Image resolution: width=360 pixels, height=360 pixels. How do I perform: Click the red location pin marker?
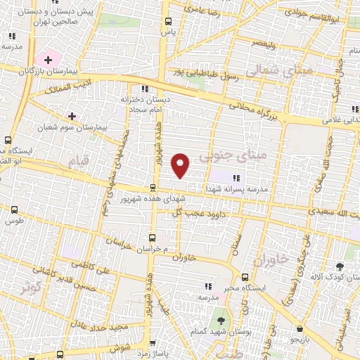(181, 165)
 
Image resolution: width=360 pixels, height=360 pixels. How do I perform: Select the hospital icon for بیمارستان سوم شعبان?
(72, 115)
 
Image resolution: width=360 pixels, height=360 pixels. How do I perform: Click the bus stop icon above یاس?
(167, 22)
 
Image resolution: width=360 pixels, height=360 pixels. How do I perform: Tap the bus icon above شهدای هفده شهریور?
(153, 186)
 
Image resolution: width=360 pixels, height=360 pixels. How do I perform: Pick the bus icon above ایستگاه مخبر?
(245, 277)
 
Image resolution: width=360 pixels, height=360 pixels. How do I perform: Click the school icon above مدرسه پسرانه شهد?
(236, 177)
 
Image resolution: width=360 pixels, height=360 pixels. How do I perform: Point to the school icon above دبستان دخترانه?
(146, 89)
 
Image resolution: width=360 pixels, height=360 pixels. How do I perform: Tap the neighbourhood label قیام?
(79, 161)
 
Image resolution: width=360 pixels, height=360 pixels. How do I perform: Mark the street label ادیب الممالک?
(65, 89)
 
